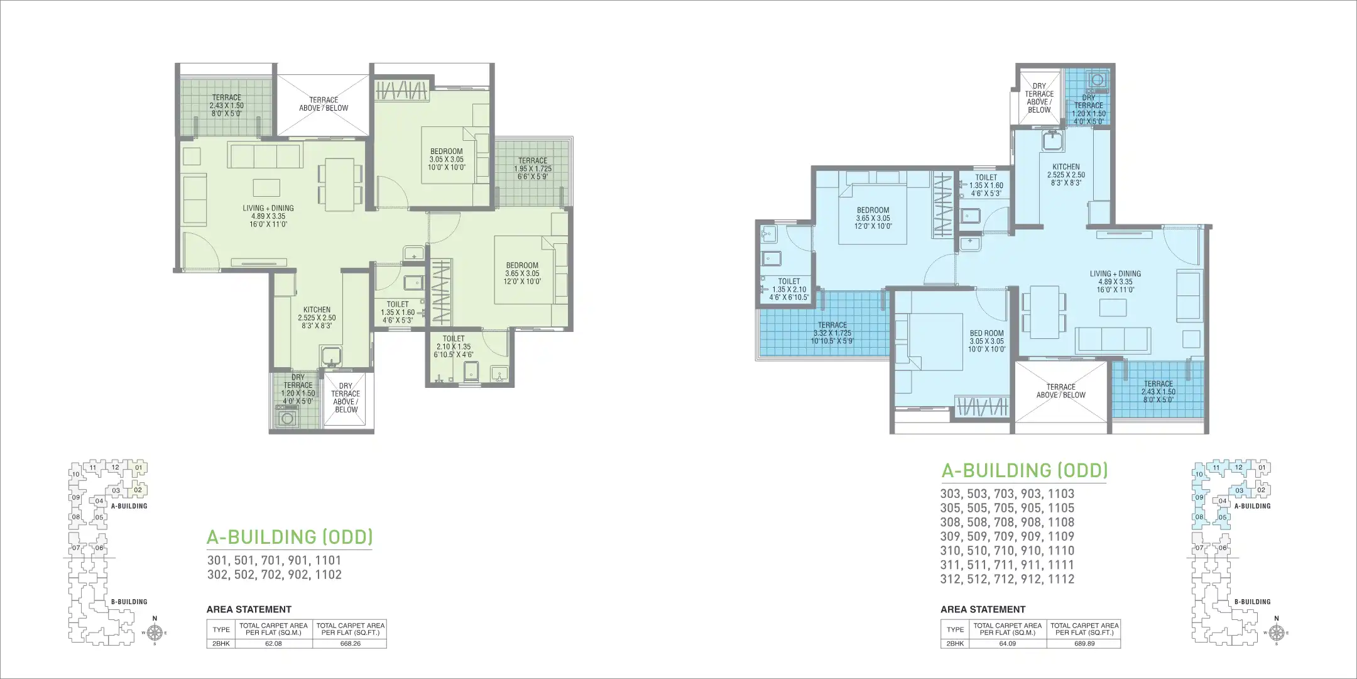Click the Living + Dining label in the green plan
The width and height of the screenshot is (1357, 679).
[268, 216]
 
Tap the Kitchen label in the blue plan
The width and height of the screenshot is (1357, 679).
[1065, 175]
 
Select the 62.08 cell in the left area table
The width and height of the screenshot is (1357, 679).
[273, 644]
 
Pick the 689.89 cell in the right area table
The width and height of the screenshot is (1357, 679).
[1084, 644]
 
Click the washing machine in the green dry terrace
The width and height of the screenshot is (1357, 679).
[288, 418]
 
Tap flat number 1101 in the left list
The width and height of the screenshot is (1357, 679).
[329, 560]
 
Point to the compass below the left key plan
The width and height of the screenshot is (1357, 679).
[155, 632]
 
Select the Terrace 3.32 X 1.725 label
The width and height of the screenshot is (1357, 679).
[832, 333]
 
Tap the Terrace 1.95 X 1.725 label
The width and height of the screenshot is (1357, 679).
[533, 168]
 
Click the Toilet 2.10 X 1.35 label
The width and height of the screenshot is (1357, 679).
[454, 346]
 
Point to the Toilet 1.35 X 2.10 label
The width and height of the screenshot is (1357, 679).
[789, 289]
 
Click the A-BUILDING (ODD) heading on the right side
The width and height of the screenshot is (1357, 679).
[1024, 470]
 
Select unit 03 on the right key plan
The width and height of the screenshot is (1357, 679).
[1240, 490]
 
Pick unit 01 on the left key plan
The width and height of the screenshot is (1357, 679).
[138, 467]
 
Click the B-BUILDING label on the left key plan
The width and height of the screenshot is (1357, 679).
[129, 602]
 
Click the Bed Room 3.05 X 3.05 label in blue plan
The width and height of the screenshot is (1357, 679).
[986, 341]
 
